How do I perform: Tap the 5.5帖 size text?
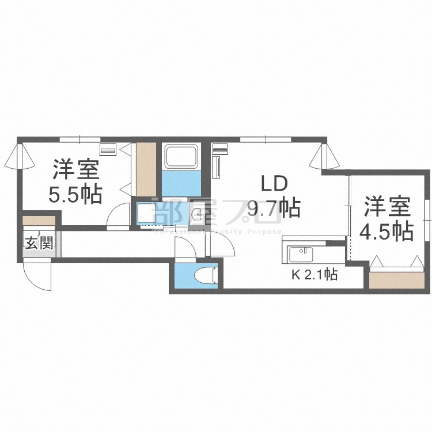coord(75,194)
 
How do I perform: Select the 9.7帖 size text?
coord(274,207)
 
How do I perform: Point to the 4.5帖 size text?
coord(386,231)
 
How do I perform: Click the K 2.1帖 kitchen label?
coord(314,275)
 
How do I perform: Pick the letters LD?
coord(274,184)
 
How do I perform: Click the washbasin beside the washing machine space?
coord(198,215)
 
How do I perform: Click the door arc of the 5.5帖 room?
coord(119,216)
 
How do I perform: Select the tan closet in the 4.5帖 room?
coord(397,279)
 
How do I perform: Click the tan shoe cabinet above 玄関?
coord(39,221)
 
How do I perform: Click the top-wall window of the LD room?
coord(265,139)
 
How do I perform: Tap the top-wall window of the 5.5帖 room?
coord(79,139)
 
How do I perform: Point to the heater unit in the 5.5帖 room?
coord(108,150)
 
